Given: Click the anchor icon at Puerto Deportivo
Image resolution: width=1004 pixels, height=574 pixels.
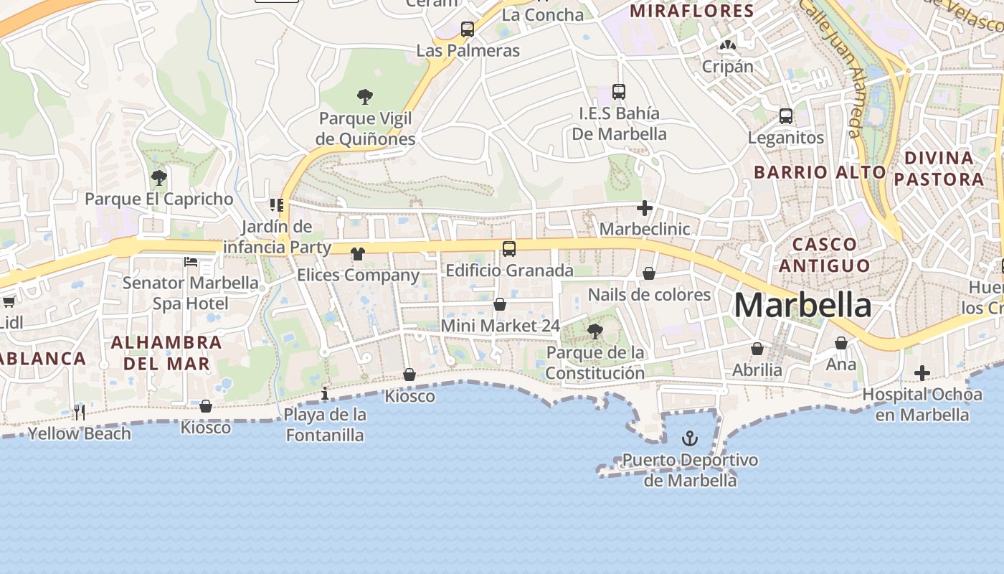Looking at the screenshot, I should pyautogui.click(x=690, y=438).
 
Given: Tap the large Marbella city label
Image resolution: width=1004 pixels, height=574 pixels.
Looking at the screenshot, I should pyautogui.click(x=802, y=306).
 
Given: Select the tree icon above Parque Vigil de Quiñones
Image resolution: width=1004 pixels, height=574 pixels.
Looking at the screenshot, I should pyautogui.click(x=365, y=96).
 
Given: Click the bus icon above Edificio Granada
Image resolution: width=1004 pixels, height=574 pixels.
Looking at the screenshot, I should pyautogui.click(x=508, y=249).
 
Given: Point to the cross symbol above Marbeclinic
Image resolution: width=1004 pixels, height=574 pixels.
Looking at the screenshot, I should pyautogui.click(x=645, y=208).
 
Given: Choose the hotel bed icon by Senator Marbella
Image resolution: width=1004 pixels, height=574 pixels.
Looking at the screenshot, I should pyautogui.click(x=191, y=262).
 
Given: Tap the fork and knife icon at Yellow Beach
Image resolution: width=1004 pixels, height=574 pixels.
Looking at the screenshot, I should pyautogui.click(x=80, y=413).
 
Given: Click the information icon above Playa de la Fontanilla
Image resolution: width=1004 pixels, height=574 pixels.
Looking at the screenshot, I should pyautogui.click(x=325, y=393).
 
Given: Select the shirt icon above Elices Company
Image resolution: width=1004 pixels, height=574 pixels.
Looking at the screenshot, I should pyautogui.click(x=358, y=253).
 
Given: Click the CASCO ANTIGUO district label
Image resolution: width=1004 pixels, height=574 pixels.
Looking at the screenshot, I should pyautogui.click(x=824, y=255).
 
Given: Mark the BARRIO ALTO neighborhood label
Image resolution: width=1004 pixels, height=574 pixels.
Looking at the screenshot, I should pyautogui.click(x=820, y=172).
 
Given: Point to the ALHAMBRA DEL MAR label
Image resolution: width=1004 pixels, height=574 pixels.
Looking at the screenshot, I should pyautogui.click(x=166, y=352).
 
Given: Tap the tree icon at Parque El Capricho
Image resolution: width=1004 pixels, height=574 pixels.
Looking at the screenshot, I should pyautogui.click(x=159, y=177).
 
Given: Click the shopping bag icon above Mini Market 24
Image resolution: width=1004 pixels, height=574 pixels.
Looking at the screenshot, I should pyautogui.click(x=500, y=304).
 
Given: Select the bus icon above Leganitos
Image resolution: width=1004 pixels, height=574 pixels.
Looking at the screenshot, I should pyautogui.click(x=786, y=116).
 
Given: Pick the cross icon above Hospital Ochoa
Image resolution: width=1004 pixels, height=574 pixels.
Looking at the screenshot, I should pyautogui.click(x=922, y=373).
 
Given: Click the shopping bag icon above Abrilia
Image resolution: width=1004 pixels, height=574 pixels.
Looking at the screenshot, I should pyautogui.click(x=757, y=349).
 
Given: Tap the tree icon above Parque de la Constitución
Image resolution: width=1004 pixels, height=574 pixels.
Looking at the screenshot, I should pyautogui.click(x=595, y=331).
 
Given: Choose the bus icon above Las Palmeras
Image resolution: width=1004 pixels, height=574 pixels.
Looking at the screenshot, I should pyautogui.click(x=468, y=29).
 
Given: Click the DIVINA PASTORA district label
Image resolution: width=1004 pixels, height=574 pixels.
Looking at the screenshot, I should pyautogui.click(x=939, y=168).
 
